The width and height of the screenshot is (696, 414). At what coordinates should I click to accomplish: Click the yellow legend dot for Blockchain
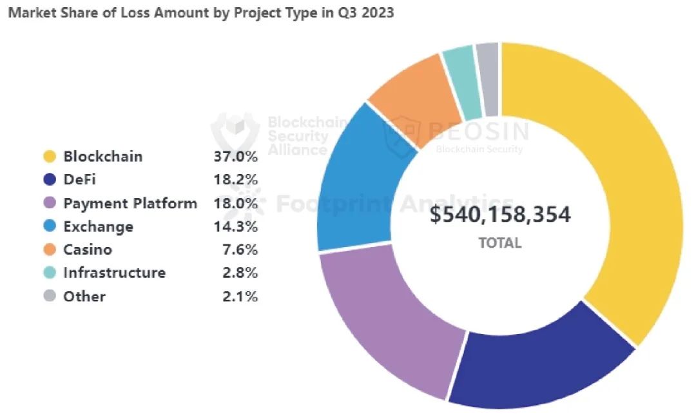[x=50, y=157]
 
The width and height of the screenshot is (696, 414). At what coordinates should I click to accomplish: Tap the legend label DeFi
[x=80, y=180]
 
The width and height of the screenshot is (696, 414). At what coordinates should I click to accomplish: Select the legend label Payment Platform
[x=130, y=203]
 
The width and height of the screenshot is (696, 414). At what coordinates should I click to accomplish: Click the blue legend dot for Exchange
[x=50, y=227]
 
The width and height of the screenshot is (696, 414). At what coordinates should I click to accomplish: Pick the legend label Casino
[x=88, y=250]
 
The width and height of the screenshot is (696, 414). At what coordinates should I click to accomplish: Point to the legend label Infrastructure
[x=114, y=273]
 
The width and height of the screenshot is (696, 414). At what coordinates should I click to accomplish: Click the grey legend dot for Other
[x=50, y=297]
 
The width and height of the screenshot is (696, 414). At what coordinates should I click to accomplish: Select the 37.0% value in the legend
[x=236, y=157]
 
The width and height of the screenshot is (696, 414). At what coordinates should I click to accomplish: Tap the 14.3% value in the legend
[x=236, y=227]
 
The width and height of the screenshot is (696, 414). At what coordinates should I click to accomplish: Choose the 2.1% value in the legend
[x=240, y=297]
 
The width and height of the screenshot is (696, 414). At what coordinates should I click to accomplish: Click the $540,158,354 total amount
[x=500, y=215]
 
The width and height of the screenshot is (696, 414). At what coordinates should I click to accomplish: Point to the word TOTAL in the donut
[x=500, y=243]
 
